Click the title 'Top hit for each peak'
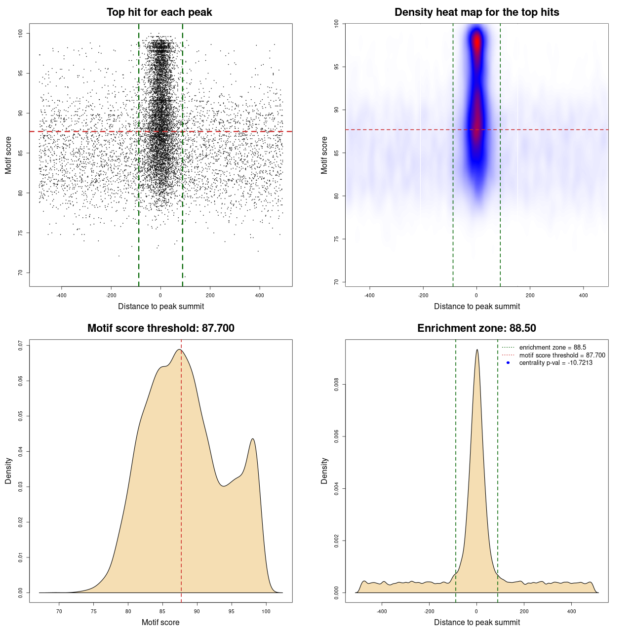(159, 12)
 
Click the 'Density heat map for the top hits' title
(476, 12)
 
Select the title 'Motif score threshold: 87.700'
(160, 328)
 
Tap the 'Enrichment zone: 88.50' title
(476, 328)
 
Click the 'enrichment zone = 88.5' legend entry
(553, 348)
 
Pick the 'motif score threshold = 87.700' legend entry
(562, 355)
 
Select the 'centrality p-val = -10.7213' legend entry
(555, 363)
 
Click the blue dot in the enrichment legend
(508, 363)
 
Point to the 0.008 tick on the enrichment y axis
(337, 385)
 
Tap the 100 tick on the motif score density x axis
(266, 612)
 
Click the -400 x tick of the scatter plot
(61, 296)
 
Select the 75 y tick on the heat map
(337, 239)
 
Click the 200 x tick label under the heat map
(530, 296)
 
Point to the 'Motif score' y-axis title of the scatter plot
(8, 155)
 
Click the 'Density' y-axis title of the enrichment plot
(324, 471)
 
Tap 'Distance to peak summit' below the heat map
(476, 307)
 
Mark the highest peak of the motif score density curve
(180, 350)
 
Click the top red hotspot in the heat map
(476, 41)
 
